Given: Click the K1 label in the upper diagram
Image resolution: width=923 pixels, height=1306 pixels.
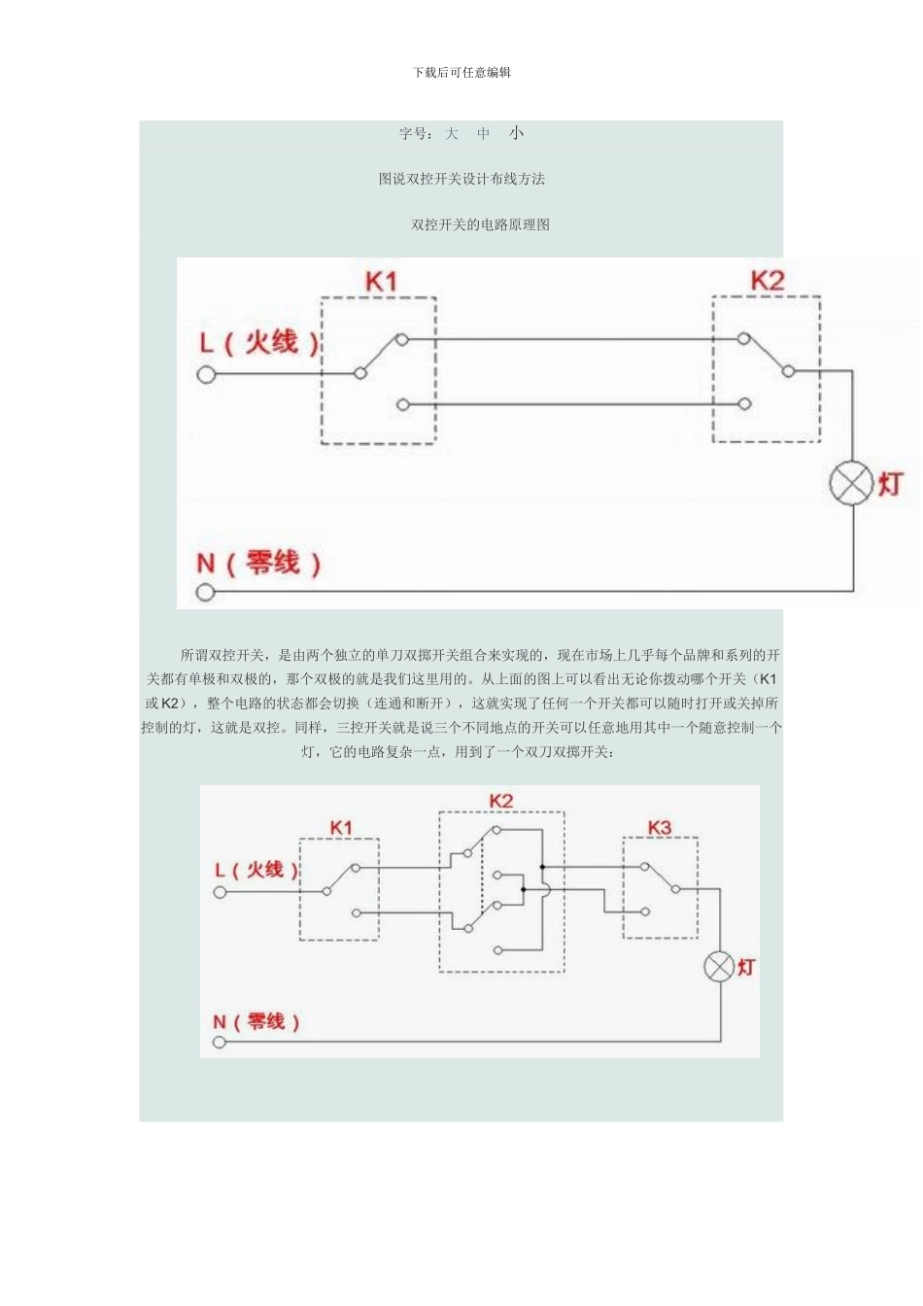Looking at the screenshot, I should tap(381, 282).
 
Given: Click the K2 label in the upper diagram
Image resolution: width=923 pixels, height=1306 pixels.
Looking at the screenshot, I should tap(767, 281).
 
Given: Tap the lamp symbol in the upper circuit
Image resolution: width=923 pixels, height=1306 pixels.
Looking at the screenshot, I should tap(851, 484).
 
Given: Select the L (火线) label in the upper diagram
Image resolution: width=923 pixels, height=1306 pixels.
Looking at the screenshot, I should tap(259, 342).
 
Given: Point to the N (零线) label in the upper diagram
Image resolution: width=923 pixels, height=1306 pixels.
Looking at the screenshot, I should tap(258, 563).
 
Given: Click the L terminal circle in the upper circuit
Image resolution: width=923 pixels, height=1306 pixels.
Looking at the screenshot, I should tap(206, 374).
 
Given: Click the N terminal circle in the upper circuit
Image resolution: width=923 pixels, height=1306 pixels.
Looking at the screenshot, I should tap(205, 592).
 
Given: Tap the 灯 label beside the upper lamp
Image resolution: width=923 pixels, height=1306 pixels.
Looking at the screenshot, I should tap(891, 484).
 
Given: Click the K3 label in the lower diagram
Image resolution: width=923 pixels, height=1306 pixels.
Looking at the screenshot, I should tap(660, 827).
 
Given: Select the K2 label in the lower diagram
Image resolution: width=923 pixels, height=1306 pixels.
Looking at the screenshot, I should tap(501, 800).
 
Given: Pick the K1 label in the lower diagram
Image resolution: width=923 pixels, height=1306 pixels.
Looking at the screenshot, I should tap(341, 827).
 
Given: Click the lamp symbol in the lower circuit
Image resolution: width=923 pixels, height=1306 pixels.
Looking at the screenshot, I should tap(719, 967).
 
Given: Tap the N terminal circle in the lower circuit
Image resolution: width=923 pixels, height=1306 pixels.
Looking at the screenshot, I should tap(220, 1042).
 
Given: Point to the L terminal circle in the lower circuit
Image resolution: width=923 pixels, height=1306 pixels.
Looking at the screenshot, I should tap(220, 891).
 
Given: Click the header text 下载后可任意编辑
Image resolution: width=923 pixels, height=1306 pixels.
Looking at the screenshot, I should tap(461, 72).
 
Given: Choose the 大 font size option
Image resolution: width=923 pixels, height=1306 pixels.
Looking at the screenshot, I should tap(452, 134).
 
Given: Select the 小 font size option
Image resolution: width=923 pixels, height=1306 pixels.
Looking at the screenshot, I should tap(516, 134).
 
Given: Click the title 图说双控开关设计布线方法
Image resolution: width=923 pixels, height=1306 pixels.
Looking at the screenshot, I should tap(461, 179).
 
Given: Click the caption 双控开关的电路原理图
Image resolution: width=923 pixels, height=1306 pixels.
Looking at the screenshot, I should tap(480, 224).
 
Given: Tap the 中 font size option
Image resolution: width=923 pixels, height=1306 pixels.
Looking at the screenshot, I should tap(484, 134).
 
